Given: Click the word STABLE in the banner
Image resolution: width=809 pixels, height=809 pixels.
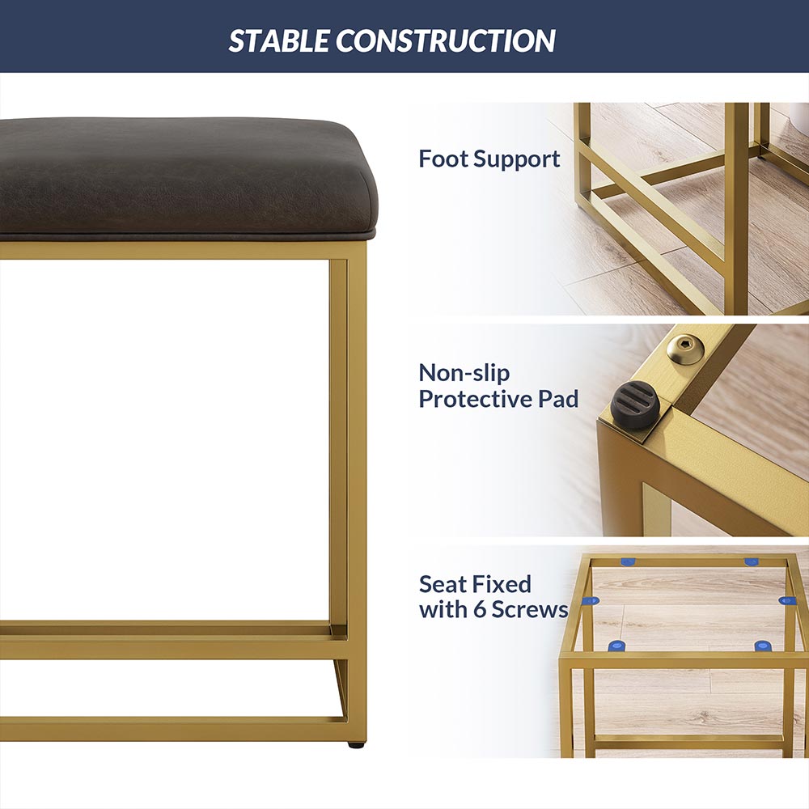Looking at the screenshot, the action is [278, 40].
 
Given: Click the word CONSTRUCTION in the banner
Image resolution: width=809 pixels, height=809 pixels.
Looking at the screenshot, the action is [446, 40].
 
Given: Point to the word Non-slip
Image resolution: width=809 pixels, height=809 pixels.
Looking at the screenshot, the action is [464, 372].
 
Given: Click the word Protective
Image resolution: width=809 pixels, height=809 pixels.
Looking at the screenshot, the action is [475, 399].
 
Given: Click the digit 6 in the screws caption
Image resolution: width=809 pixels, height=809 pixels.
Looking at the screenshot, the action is [480, 610].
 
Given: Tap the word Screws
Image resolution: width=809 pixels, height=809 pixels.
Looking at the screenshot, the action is [530, 610].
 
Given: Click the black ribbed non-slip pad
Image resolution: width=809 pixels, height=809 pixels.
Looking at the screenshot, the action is [635, 405].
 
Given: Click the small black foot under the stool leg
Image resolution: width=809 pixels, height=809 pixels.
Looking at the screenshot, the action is [354, 745].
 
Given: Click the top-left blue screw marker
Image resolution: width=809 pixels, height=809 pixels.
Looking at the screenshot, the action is [628, 562].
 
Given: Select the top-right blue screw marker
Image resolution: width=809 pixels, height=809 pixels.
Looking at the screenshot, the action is [752, 562].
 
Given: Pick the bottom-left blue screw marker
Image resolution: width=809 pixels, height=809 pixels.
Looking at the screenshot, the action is [616, 646].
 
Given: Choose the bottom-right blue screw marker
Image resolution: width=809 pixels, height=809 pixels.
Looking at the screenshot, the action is [763, 646].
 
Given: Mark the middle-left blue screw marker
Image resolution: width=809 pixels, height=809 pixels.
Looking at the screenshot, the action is [590, 601].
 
